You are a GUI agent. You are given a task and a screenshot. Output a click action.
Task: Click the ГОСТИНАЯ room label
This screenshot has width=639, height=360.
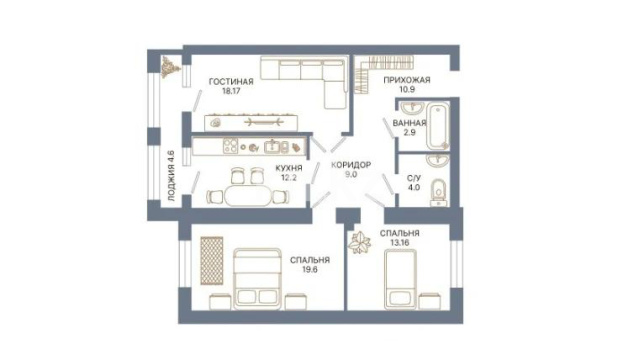click(231, 82)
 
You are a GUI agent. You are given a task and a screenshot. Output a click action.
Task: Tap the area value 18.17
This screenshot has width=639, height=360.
click(231, 91)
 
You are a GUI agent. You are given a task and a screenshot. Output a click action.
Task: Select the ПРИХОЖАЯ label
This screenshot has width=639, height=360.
click(407, 80)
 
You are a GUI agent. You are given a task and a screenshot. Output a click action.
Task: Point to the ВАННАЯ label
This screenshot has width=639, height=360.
click(409, 123)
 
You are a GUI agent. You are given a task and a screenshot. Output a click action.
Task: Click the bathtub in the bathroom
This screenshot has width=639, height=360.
click(438, 126)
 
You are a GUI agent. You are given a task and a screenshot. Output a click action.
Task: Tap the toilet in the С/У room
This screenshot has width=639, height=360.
click(438, 192)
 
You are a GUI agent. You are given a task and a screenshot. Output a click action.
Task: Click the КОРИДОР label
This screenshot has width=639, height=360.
click(351, 165)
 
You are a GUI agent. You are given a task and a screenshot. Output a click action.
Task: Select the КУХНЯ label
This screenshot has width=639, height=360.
click(289, 168)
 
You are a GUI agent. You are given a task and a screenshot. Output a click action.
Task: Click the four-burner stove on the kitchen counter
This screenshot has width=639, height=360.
click(230, 146)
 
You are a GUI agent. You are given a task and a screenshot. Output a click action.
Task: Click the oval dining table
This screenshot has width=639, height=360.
click(247, 196)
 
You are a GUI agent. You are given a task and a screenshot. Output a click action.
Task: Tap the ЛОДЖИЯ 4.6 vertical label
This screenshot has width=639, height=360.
click(172, 176)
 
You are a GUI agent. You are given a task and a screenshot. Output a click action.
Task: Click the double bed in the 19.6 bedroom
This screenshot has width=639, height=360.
click(258, 279)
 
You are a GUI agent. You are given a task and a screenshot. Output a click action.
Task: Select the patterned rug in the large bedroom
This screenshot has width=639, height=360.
click(212, 261)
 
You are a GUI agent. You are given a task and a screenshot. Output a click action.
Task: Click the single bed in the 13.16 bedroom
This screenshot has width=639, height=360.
click(401, 280)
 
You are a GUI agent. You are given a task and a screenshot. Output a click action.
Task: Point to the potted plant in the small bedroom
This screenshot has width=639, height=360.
click(359, 243)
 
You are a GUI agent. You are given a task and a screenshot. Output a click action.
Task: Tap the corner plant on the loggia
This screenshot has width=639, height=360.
click(170, 67)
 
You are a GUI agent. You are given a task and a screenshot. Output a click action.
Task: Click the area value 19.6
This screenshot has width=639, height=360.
click(310, 269)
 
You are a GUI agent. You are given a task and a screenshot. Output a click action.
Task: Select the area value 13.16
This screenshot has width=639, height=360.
click(400, 243)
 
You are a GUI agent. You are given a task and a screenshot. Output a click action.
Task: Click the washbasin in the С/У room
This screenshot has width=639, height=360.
click(438, 160)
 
